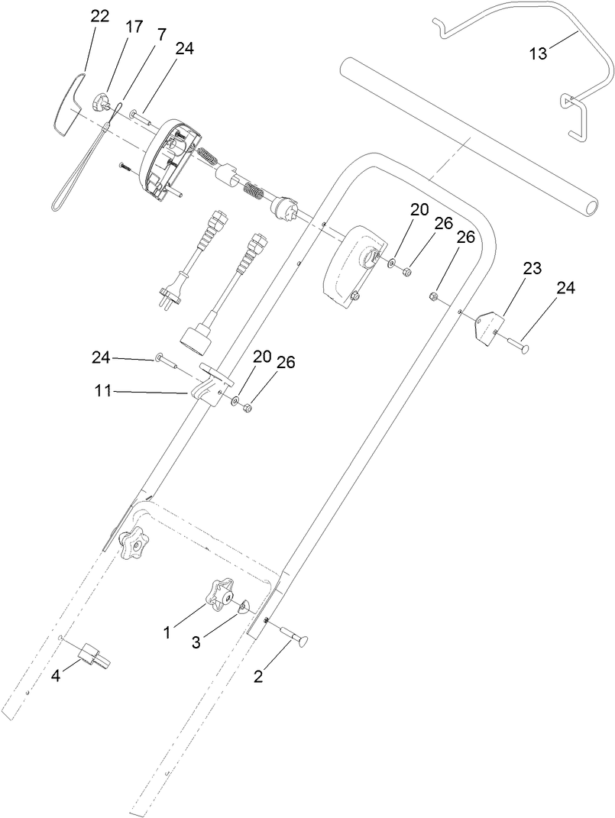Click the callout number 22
click(x=99, y=16)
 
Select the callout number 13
click(x=539, y=53)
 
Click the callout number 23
click(x=532, y=268)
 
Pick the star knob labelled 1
click(x=219, y=593)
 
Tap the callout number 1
click(x=167, y=632)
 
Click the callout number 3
click(x=196, y=642)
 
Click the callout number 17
click(x=134, y=27)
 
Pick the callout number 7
click(x=160, y=36)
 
